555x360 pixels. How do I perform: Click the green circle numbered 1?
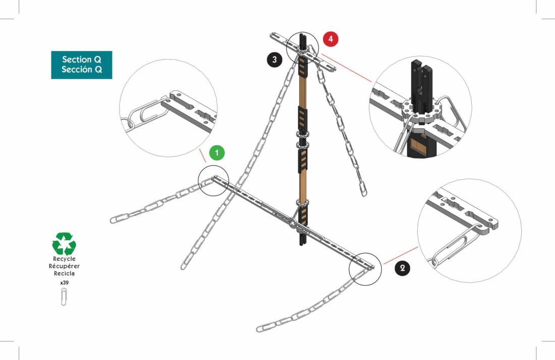(x=216, y=153)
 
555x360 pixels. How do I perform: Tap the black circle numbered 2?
(x=403, y=268)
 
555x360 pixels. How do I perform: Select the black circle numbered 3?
(x=274, y=59)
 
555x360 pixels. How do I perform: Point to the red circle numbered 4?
(x=330, y=39)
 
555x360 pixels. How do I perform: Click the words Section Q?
(x=82, y=59)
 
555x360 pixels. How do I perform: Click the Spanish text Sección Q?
(x=82, y=69)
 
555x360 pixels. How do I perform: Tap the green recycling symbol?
(x=64, y=244)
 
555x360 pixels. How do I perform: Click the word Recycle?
(x=64, y=259)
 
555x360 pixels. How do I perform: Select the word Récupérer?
(x=64, y=266)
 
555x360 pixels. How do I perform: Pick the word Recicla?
(x=64, y=273)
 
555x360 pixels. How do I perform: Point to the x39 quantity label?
(x=64, y=283)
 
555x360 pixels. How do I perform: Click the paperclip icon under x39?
(x=64, y=296)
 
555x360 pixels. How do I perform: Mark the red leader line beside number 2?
(x=401, y=255)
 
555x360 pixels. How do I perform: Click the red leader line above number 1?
(x=202, y=156)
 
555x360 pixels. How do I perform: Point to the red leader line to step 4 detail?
(x=346, y=68)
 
